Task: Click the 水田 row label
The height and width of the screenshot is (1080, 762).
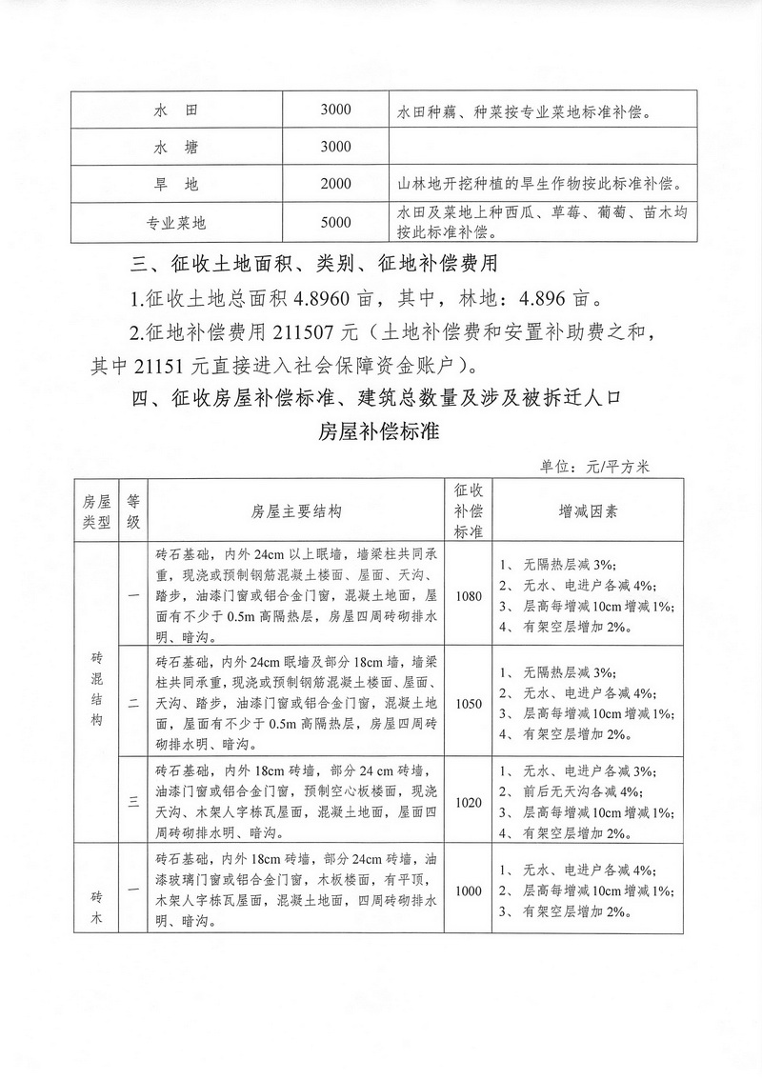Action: [175, 111]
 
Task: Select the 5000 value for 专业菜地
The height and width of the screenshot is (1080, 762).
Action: [336, 223]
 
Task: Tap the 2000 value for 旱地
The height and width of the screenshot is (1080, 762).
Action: [336, 184]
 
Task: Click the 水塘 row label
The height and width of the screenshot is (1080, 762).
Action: [175, 148]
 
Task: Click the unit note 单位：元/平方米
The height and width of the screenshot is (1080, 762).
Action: [594, 466]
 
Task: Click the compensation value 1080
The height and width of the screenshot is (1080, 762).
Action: [469, 597]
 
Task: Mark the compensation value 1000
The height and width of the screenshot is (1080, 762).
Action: [469, 890]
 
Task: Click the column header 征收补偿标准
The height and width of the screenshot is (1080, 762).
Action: [469, 510]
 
